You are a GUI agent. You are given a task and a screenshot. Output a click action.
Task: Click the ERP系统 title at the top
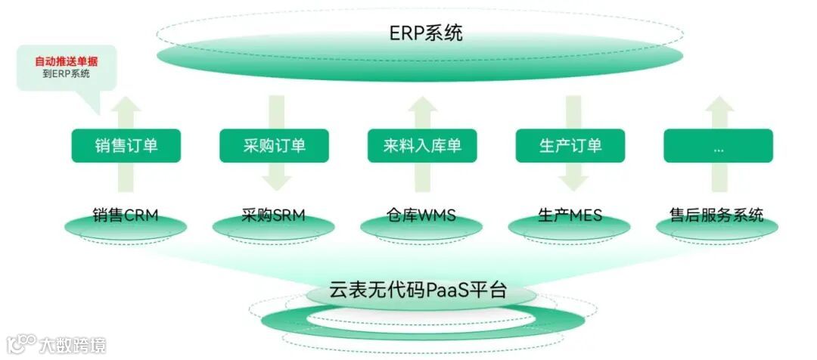426,33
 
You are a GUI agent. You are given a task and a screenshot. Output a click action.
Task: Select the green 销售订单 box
126,145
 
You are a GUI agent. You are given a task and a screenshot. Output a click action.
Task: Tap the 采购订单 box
274,145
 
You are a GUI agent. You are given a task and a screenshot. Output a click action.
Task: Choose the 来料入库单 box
422,145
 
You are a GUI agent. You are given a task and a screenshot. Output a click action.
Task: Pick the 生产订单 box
570,145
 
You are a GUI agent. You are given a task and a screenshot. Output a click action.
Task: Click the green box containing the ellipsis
718,145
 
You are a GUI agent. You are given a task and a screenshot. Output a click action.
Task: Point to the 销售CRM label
126,215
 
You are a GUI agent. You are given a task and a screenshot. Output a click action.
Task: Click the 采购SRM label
274,215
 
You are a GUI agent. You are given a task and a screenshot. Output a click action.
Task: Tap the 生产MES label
570,215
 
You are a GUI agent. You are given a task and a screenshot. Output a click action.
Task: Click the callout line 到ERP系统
66,73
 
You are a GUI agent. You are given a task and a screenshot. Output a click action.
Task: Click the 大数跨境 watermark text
73,346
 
